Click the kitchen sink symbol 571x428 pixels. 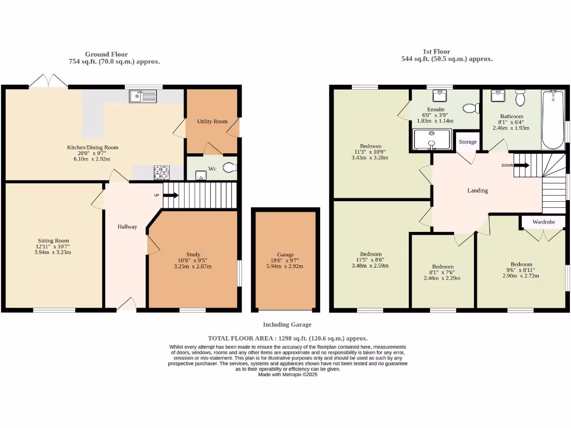click(x=143, y=97)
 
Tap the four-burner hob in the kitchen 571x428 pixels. click(x=161, y=173)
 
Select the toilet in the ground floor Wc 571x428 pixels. click(x=229, y=167)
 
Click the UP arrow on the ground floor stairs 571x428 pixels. click(x=171, y=196)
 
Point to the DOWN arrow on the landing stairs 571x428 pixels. click(x=521, y=165)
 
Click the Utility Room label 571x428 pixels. click(x=212, y=121)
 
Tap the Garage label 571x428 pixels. click(x=285, y=255)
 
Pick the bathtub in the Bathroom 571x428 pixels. click(x=553, y=119)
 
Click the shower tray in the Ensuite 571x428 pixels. click(x=431, y=140)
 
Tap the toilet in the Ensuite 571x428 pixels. click(x=471, y=108)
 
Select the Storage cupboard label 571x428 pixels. click(x=468, y=142)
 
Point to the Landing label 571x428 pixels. click(x=477, y=191)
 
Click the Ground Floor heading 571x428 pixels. click(x=106, y=54)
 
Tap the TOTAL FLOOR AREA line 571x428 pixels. click(x=287, y=338)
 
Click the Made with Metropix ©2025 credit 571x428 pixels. click(x=287, y=374)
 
